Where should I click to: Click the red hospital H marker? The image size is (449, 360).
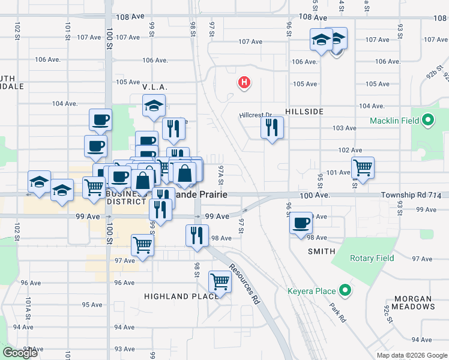point(244,83)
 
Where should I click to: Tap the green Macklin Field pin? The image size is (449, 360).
point(427,121)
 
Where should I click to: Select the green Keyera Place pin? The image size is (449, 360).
point(345,292)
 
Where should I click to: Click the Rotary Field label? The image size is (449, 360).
point(372,258)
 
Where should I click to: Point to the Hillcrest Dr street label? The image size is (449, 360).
point(255,115)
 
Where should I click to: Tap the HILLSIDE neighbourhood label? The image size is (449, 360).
point(304,112)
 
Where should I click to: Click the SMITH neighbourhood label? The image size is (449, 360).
point(321,251)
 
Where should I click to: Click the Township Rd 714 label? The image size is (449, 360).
point(411,196)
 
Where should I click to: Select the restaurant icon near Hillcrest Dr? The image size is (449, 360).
point(272,127)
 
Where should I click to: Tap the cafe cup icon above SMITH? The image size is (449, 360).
point(301,224)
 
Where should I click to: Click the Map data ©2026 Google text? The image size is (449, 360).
point(411,355)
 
